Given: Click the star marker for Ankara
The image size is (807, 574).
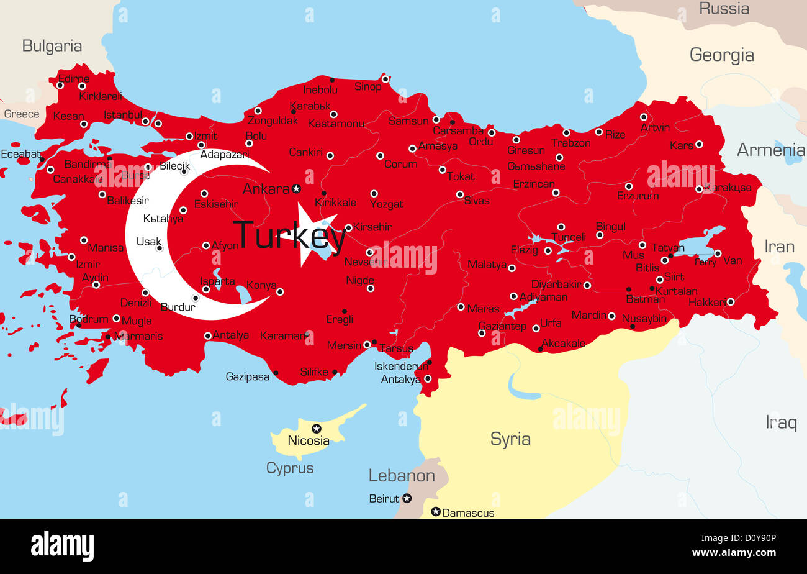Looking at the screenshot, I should [296, 188].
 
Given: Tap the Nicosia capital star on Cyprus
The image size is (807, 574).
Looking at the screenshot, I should [317, 429].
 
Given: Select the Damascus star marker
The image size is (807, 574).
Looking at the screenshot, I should [436, 512].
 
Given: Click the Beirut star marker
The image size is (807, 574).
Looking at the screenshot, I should [407, 498].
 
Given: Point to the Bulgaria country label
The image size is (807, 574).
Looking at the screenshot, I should [52, 46].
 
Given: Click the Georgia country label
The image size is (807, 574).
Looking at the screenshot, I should [721, 55].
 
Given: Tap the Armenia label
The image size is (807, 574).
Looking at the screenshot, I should [770, 150].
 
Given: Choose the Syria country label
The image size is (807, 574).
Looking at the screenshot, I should [510, 439].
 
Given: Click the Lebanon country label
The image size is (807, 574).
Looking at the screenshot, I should [402, 476].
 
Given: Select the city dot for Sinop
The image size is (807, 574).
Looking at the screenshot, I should [385, 79].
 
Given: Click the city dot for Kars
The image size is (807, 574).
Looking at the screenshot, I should [699, 144].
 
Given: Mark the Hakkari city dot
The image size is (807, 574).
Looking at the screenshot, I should [731, 302].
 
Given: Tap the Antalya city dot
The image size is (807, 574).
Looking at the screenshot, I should [208, 335].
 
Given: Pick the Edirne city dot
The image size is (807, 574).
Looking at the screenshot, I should [60, 85].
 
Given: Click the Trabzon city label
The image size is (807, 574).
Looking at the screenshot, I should [570, 143].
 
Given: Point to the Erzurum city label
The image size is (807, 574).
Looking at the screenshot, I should [638, 196].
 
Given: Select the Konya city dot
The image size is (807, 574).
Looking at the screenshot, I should [280, 291].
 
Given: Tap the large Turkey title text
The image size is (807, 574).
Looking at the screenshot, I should [289, 235].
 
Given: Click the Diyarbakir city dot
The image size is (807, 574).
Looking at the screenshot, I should [587, 285].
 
